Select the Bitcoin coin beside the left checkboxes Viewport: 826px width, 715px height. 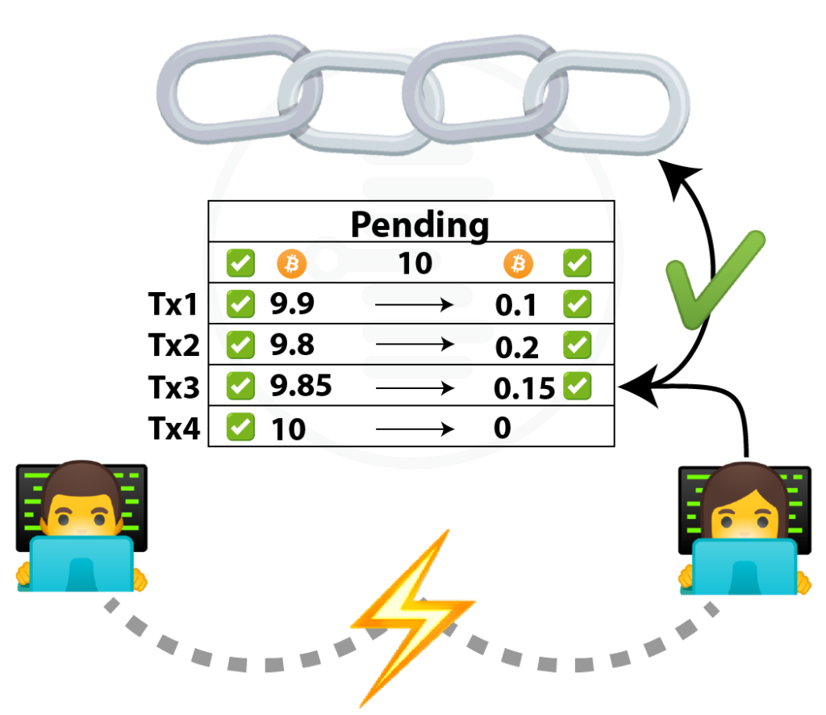point(292,264)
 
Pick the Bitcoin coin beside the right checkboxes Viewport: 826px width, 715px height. point(519,263)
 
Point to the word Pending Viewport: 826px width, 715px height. point(415,226)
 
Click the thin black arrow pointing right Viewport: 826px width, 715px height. point(413,305)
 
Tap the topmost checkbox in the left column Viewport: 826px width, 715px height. point(240,263)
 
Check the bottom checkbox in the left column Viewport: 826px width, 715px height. point(240,426)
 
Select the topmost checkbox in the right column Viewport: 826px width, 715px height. point(577,263)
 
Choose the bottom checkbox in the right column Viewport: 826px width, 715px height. point(577,385)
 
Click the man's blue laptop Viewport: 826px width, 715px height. point(81,564)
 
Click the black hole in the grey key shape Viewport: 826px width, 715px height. point(327,261)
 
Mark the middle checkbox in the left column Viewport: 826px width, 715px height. point(240,345)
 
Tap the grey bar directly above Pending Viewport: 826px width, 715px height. point(428,189)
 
